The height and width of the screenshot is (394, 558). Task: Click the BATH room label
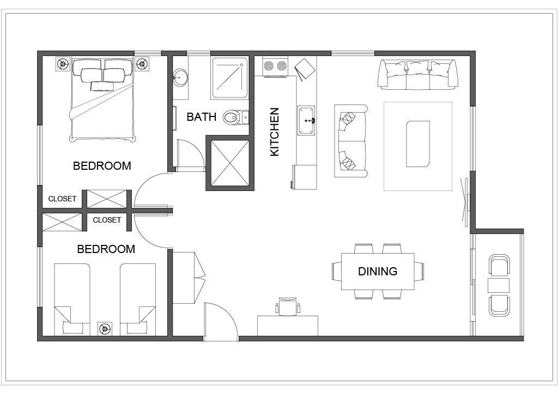[x=202, y=116]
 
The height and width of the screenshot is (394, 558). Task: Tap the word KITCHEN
[x=275, y=132]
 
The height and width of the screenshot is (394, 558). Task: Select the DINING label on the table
[x=378, y=272]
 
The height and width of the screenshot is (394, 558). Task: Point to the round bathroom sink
[x=180, y=77]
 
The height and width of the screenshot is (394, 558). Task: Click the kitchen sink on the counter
[x=306, y=120]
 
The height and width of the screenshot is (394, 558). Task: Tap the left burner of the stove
[x=269, y=66]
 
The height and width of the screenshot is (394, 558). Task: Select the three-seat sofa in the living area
[x=418, y=74]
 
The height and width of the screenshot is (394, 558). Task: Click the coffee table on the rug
[x=418, y=144]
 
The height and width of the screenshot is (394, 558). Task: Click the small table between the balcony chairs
[x=499, y=286]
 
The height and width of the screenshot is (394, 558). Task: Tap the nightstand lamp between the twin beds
[x=105, y=329]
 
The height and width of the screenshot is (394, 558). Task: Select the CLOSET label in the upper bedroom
[x=62, y=199]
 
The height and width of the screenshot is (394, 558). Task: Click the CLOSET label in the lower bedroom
[x=107, y=220]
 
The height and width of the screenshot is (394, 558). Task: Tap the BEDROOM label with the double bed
[x=102, y=166]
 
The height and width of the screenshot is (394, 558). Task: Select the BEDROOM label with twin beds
[x=106, y=249]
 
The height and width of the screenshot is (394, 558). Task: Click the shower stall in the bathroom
[x=229, y=78]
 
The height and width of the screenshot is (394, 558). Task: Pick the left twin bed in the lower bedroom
[x=72, y=299]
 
